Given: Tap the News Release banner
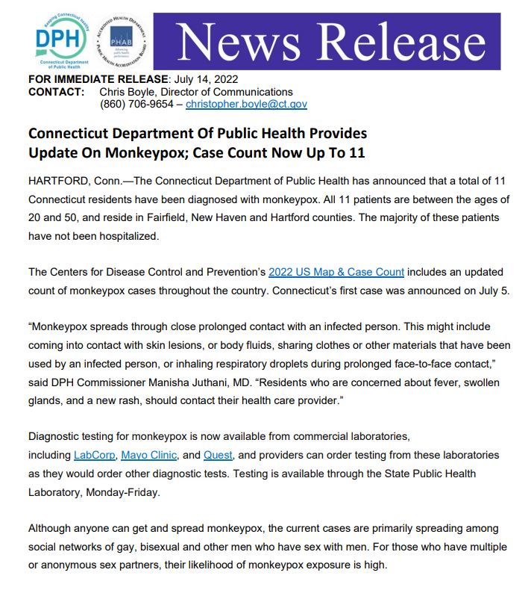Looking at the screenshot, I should (327, 41).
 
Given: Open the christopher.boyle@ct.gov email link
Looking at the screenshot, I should (246, 105).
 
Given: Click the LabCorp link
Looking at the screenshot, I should (93, 455).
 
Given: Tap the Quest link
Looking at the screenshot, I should (219, 455).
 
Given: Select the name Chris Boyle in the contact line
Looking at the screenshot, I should (125, 92).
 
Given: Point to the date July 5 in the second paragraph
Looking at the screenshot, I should (493, 291).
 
